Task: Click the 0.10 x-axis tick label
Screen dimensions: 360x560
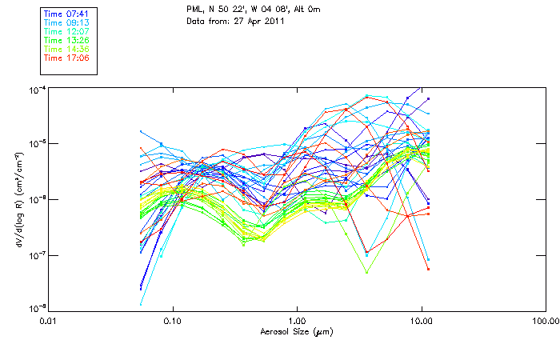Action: coord(172,321)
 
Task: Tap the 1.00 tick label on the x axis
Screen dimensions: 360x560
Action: coord(297,321)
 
